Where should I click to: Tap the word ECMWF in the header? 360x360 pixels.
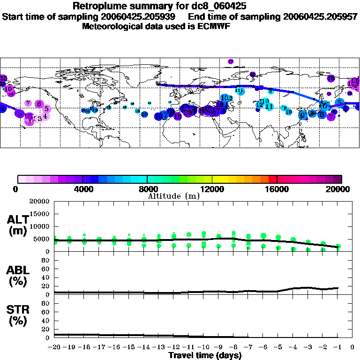214,26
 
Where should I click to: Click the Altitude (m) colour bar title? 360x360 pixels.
173,195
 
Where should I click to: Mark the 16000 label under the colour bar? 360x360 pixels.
277,189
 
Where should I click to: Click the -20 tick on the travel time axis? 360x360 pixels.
54,348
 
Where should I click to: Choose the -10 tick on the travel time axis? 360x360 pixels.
203,348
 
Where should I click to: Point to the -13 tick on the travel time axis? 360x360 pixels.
159,348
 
